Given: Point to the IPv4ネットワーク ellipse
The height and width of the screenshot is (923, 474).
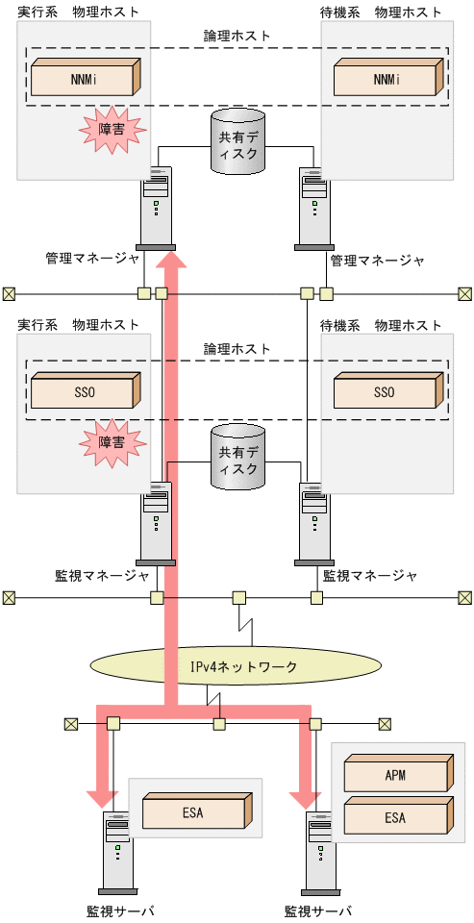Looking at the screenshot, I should coord(237,665).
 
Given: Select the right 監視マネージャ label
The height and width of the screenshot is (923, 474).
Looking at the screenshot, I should coord(370,576).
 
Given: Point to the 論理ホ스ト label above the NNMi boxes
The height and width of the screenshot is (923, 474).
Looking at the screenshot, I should coord(237,36).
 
